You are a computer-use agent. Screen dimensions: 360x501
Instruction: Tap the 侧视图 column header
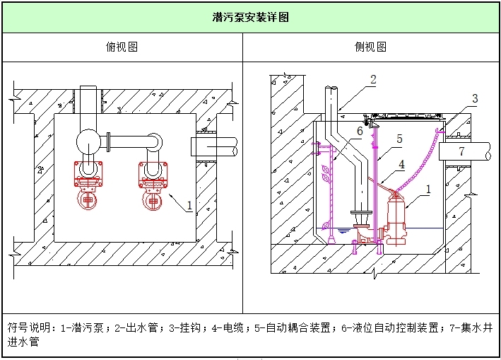tap(370, 47)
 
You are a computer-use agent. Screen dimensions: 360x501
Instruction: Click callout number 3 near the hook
tap(475, 99)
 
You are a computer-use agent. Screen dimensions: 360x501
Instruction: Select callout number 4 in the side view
tap(401, 164)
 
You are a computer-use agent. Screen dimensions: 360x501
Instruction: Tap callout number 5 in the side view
tap(399, 139)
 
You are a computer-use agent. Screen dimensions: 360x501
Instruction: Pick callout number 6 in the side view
tap(359, 131)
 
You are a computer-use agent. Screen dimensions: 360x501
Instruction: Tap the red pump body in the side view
tap(394, 219)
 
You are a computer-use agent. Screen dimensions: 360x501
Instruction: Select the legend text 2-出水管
tap(132, 327)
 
